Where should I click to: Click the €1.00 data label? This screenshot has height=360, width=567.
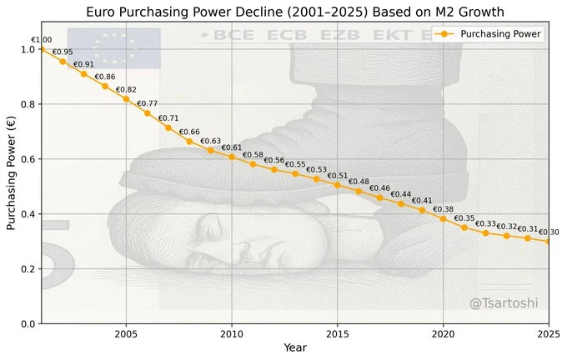pos(41,40)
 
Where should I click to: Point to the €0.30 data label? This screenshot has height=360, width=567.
pos(549,232)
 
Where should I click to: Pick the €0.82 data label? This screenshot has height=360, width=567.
pos(126,90)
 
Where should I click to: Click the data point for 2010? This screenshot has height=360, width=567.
pos(232,157)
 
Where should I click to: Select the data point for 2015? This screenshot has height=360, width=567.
pos(338,185)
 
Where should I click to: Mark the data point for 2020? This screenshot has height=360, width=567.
pos(443,219)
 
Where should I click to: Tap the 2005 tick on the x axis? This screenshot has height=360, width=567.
pos(126,334)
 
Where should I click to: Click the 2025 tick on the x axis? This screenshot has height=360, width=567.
pos(548,334)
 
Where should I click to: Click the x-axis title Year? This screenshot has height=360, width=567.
pos(295,347)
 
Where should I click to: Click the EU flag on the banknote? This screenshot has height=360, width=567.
pos(113,48)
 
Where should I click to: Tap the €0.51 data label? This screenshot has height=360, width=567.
pos(338,176)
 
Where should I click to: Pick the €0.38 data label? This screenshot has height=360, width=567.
pos(443,209)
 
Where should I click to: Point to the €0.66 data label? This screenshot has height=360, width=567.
pos(189,132)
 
